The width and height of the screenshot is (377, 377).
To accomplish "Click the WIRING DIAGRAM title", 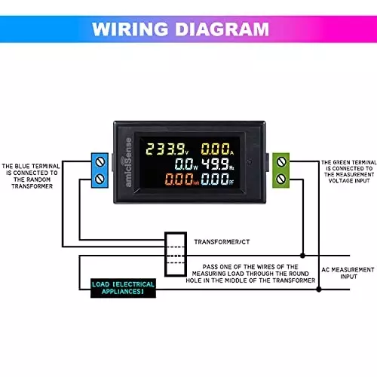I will point(188,30).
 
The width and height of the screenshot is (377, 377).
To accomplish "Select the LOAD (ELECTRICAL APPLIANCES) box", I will point(124,288).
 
